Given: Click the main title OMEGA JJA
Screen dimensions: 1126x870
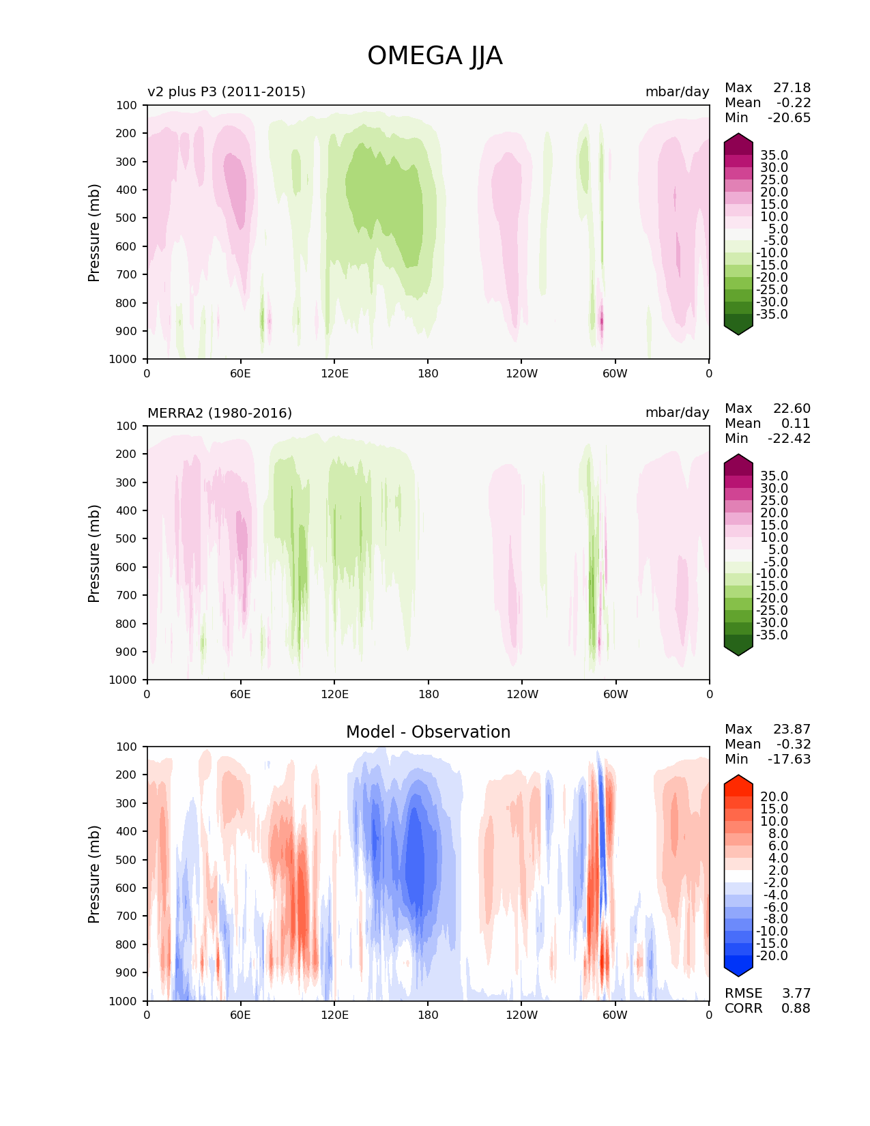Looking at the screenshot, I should click(435, 56).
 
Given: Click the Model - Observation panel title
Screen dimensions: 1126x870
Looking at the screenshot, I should click(428, 732).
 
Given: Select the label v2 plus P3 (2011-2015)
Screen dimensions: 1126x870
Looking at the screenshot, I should click(227, 91).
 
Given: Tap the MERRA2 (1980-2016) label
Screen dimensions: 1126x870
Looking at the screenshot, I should click(220, 413).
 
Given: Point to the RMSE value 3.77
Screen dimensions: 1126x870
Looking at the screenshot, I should click(796, 993).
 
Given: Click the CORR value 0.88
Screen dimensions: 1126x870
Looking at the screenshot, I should click(796, 1008).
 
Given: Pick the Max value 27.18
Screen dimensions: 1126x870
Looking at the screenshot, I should click(792, 87).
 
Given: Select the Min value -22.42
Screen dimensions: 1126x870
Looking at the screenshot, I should click(789, 438).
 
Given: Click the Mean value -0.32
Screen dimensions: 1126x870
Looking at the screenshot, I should click(794, 744).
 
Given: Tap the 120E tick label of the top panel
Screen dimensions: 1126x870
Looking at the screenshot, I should click(334, 373).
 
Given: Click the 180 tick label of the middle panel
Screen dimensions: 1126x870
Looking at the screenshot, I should click(428, 694).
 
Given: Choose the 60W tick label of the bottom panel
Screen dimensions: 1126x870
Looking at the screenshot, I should click(615, 1015).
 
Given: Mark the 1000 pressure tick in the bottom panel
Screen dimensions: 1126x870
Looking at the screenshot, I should click(123, 1000).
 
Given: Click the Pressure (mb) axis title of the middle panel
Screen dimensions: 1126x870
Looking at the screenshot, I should click(94, 553).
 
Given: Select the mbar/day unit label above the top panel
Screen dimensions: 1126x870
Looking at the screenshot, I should click(677, 91).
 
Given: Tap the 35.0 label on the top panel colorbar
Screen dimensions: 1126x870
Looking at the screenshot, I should click(774, 156).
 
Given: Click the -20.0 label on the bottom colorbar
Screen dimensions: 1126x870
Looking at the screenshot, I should click(772, 955).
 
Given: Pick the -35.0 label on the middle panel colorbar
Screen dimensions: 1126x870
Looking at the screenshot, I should click(772, 635).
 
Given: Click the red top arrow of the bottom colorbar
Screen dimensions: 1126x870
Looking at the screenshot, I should click(738, 782).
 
